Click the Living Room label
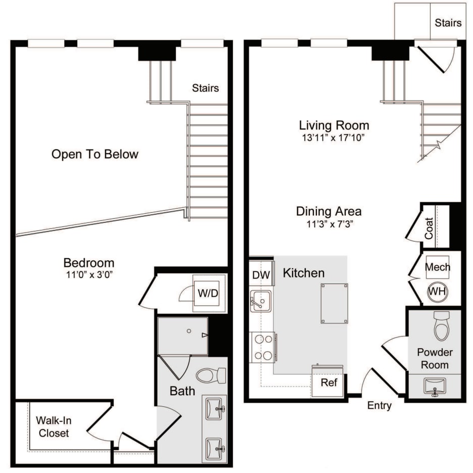pos(334,125)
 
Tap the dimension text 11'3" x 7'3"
pos(329,224)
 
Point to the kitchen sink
pos(261,301)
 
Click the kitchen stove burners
pos(263,347)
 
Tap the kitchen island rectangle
pos(334,303)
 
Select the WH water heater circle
pos(437,292)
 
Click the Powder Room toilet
pos(442,326)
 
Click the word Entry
pos(379,405)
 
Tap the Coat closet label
pos(429,228)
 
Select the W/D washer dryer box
pos(208,293)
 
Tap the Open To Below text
pos(94,155)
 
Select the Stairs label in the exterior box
pos(448,23)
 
